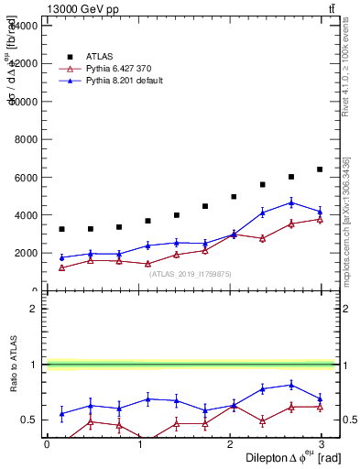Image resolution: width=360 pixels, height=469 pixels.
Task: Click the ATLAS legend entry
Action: [x=101, y=56]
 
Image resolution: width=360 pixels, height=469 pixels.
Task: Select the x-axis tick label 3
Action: [x=322, y=443]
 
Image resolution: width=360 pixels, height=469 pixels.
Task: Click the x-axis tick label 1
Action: [x=139, y=443]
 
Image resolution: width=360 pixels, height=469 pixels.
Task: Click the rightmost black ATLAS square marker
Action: [x=320, y=169]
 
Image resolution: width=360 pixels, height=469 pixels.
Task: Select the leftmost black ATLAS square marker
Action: [x=61, y=229]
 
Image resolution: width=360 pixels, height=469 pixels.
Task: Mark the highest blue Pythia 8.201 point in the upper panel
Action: [x=291, y=202]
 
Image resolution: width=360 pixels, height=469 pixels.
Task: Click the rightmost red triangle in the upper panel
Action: [x=320, y=219]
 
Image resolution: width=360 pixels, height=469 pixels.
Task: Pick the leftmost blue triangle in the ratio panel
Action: [x=61, y=414]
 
